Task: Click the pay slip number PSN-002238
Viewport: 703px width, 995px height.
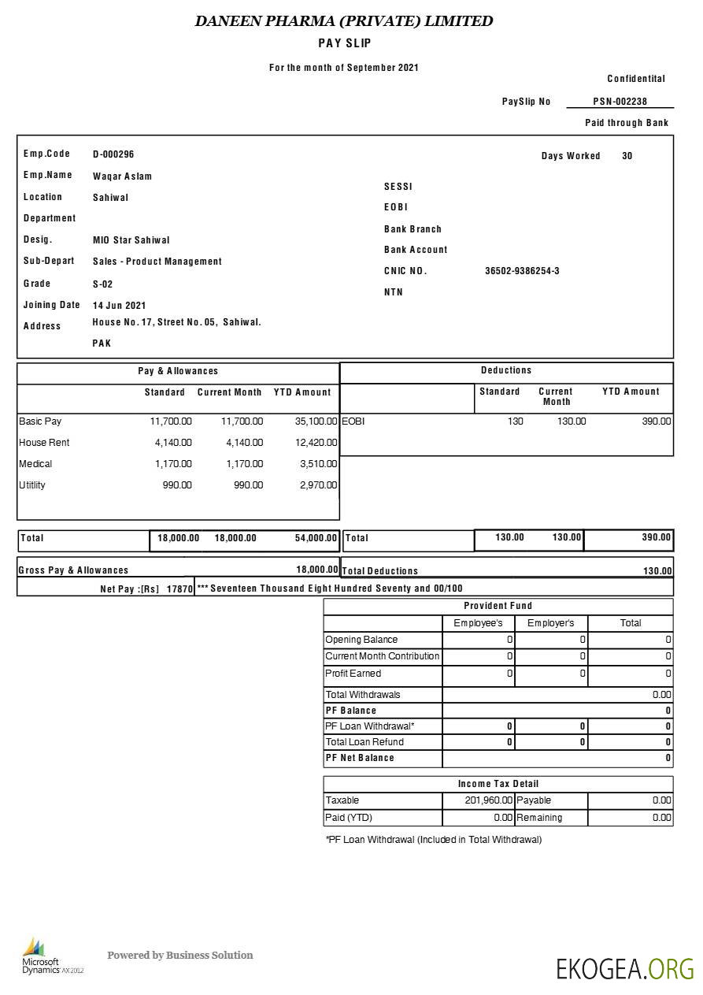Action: tap(620, 102)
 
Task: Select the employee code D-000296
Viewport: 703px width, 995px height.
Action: tap(113, 154)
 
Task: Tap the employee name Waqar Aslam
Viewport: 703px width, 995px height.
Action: tap(122, 176)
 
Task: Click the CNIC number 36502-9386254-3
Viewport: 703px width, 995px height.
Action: tap(522, 271)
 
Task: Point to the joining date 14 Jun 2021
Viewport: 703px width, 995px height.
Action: tap(119, 306)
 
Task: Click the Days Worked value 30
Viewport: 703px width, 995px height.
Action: tap(627, 156)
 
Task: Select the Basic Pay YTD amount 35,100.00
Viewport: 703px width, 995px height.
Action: tap(316, 421)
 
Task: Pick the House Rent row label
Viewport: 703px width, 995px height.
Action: tap(44, 443)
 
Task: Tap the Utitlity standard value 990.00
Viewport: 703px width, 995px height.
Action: tap(176, 485)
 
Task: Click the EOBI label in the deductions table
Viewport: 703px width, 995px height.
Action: tap(353, 421)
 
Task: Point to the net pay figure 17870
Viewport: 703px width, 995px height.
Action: tap(179, 588)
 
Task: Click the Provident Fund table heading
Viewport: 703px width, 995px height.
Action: tap(498, 606)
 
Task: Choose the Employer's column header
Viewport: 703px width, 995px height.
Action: tap(550, 623)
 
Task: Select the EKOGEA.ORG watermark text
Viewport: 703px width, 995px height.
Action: tap(625, 968)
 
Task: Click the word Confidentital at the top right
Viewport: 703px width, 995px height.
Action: tap(636, 79)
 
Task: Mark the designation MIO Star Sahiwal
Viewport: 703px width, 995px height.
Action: tap(131, 240)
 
